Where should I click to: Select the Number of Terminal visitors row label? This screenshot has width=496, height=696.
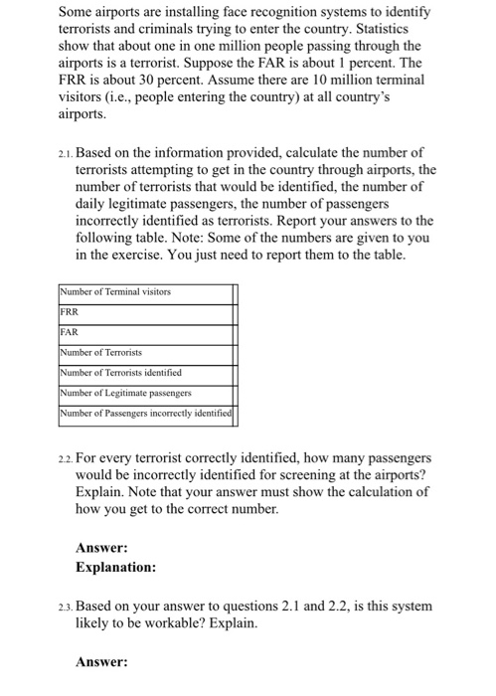(116, 292)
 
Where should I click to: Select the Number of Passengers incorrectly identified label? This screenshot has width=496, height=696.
(145, 413)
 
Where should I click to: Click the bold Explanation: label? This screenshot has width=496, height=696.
(116, 568)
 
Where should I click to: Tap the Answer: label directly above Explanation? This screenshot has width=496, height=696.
(102, 548)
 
